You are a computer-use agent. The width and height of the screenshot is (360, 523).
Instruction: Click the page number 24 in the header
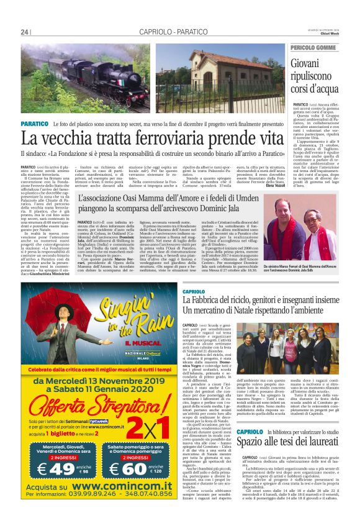pos(25,32)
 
